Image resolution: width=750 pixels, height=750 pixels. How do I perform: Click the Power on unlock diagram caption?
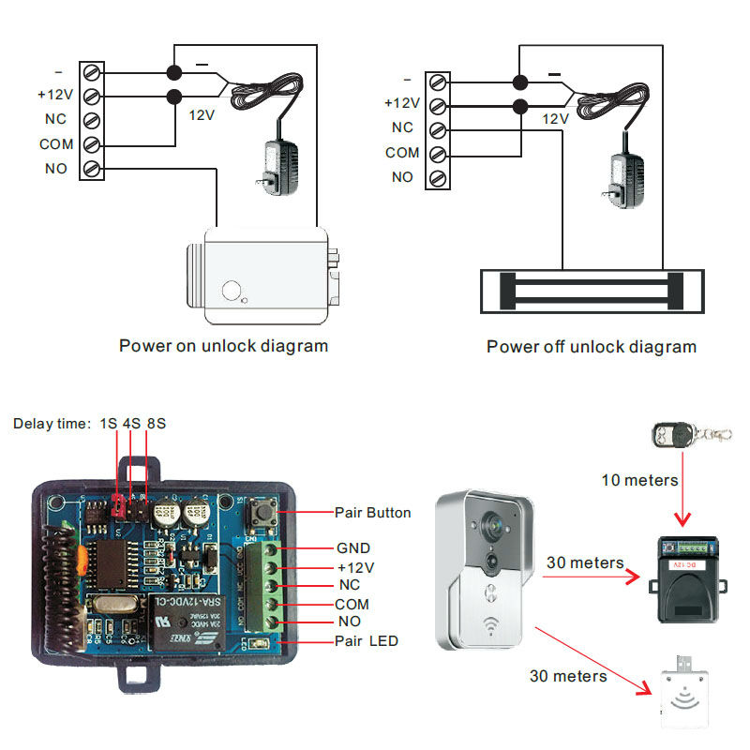coord(223,346)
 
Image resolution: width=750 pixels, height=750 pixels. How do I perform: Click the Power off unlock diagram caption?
coord(592,347)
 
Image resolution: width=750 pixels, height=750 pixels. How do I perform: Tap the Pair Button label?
coord(372,513)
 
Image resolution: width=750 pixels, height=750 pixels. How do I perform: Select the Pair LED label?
coord(366,641)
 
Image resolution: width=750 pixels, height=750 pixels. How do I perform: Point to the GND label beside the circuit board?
coord(352,547)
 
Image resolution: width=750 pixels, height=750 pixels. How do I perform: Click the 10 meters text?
coord(639,480)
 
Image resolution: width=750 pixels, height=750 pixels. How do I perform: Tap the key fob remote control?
coord(677,435)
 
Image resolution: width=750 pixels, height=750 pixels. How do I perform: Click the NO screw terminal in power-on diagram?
coord(91,169)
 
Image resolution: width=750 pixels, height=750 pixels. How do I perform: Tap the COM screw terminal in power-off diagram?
coord(438,153)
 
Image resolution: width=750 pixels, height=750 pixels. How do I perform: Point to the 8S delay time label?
coord(155,424)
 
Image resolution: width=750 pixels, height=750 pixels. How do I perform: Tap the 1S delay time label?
coord(109,424)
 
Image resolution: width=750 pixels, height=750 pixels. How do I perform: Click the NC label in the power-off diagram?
coord(402,128)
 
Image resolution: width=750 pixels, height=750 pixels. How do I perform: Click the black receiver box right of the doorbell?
coord(685,581)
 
